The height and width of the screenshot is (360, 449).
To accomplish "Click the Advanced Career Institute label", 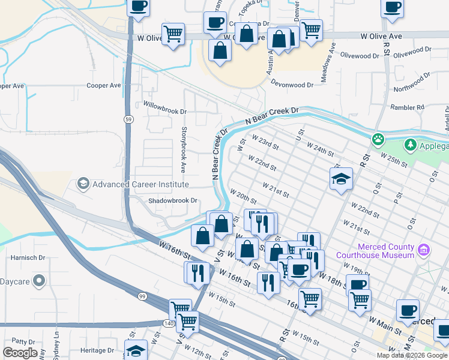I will click(x=140, y=184).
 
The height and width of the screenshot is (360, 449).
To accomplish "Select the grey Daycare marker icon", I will click(x=39, y=280).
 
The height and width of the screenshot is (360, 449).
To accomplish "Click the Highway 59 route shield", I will click(x=128, y=120).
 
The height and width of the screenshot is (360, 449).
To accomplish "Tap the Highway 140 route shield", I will click(x=170, y=323).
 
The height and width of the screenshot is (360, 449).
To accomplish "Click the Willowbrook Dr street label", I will click(x=165, y=112).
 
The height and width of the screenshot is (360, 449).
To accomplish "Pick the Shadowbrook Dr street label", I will click(x=173, y=200).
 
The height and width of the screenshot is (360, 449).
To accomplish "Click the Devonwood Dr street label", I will click(x=292, y=85).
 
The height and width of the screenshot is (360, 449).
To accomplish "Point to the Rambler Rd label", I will click(x=412, y=107).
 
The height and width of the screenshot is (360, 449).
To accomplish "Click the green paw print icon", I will click(x=377, y=139).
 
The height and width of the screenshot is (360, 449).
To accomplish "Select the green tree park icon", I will click(x=410, y=145).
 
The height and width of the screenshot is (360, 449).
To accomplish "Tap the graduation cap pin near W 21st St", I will click(x=341, y=178).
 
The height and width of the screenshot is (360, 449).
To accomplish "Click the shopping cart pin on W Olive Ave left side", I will click(x=173, y=33).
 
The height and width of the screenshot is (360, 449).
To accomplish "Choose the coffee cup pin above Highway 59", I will click(x=139, y=7).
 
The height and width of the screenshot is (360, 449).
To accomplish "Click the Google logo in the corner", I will click(x=20, y=353).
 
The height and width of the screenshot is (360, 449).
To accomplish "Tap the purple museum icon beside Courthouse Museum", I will click(x=424, y=249).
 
